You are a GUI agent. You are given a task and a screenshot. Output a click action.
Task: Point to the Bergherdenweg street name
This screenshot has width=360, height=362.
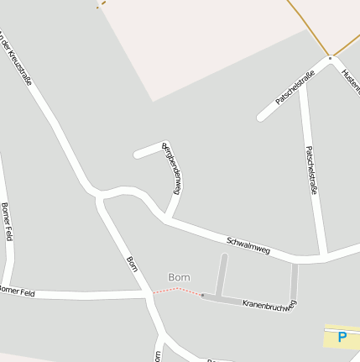[172, 168]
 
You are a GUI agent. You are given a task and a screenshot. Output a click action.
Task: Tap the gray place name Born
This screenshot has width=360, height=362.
[179, 277]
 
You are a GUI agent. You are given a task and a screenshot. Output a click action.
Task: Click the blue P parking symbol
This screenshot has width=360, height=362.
[342, 337]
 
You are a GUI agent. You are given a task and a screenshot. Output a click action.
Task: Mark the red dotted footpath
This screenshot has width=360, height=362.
[178, 291]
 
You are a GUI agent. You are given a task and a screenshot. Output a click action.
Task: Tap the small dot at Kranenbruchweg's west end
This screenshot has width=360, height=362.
[202, 295]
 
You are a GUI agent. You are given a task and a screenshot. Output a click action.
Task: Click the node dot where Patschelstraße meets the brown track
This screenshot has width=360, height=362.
[331, 58]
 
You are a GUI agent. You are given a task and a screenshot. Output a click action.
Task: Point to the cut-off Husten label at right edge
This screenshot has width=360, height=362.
[350, 81]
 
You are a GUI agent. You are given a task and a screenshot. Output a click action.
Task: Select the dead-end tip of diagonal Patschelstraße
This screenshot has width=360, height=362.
[261, 117]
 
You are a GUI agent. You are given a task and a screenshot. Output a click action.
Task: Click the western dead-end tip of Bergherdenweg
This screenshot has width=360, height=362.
[137, 155]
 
